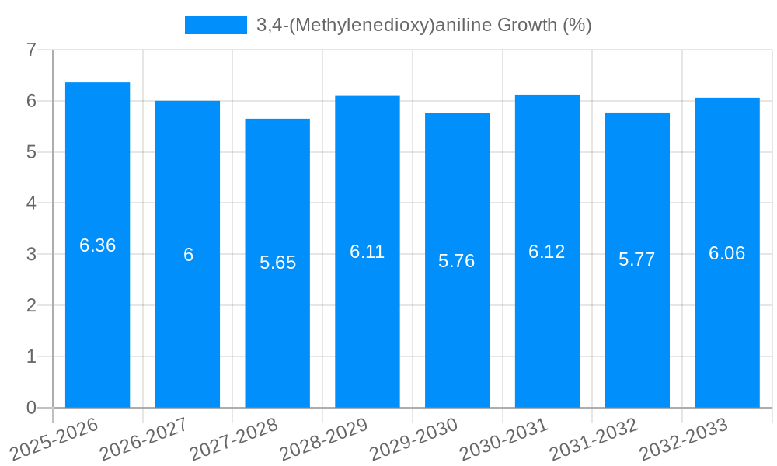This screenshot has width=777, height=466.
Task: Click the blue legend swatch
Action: click(x=215, y=25)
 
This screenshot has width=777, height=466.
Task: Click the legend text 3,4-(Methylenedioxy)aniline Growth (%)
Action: click(x=423, y=25)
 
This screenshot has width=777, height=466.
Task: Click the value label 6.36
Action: click(x=97, y=245)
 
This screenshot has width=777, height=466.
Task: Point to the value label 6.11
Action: click(x=367, y=252)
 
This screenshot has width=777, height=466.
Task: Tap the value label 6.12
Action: click(x=547, y=252)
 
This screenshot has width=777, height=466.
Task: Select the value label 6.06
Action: click(x=726, y=253)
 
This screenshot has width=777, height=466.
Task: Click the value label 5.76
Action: click(x=457, y=261)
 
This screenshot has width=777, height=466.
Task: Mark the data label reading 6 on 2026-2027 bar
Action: click(x=188, y=255)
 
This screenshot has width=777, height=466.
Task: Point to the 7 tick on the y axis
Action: click(x=31, y=50)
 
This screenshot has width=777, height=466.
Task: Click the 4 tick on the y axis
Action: click(x=31, y=203)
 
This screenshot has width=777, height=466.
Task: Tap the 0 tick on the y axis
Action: click(x=31, y=408)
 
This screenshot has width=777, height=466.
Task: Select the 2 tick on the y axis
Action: click(x=31, y=305)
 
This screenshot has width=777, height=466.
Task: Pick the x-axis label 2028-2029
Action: click(x=323, y=437)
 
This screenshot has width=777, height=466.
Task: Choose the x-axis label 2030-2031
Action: click(x=503, y=437)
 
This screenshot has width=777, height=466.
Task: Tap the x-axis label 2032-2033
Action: click(x=683, y=437)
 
